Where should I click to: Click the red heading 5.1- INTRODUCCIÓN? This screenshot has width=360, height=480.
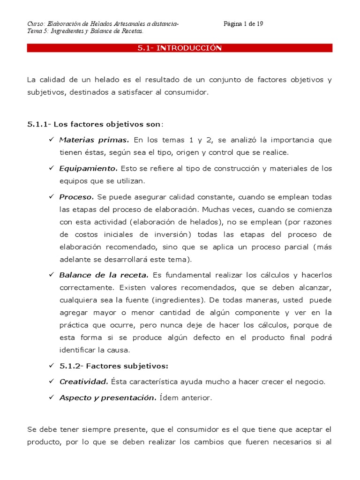tap(180, 48)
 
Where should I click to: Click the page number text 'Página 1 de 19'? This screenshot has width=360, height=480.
tap(243, 24)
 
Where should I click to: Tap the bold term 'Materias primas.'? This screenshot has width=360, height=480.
tap(94, 140)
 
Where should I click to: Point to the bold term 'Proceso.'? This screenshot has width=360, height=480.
tap(77, 196)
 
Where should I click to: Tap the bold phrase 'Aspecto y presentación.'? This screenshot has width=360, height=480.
tap(108, 397)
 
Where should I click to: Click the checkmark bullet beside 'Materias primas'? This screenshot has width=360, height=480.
tap(51, 140)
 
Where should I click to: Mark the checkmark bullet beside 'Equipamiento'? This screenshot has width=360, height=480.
tap(51, 168)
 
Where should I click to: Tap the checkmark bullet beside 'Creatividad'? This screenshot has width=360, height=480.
tap(51, 382)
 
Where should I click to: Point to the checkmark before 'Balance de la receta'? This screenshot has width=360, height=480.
tap(51, 275)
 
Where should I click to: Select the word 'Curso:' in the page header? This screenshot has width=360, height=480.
tap(37, 24)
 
